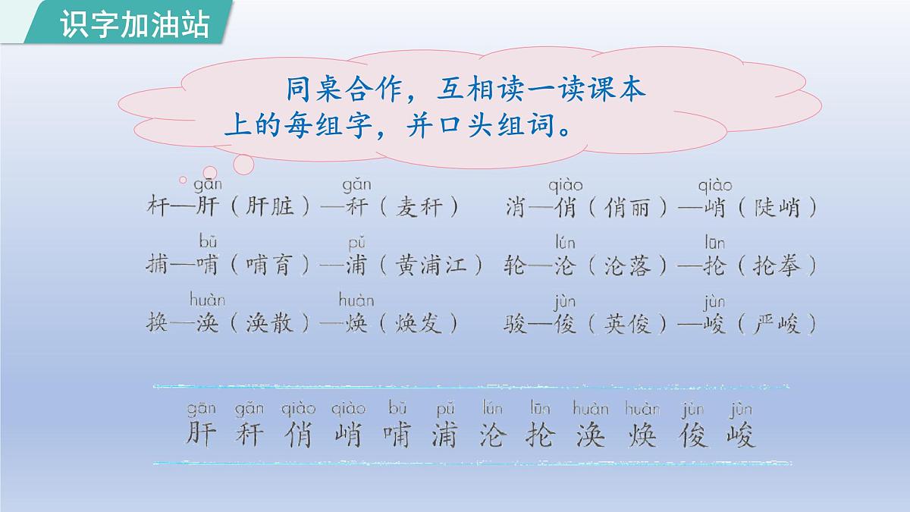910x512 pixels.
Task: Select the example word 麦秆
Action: click(x=418, y=206)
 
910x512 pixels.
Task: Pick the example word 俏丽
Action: click(x=628, y=206)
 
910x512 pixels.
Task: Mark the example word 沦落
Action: click(x=628, y=265)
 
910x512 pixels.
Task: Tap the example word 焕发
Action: click(x=418, y=324)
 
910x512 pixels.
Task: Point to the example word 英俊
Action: click(x=628, y=324)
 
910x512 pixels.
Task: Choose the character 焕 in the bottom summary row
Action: click(x=642, y=435)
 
